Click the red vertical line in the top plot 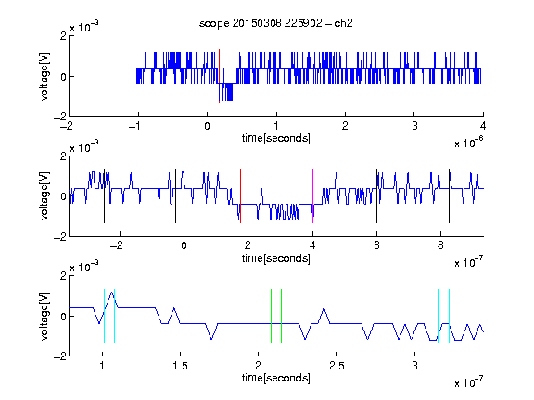point(219,76)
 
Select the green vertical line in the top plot point(222,76)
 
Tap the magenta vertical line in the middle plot point(313,196)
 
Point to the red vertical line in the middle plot point(240,196)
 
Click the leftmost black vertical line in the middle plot point(104,196)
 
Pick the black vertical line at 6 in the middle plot point(376,196)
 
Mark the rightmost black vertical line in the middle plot point(449,196)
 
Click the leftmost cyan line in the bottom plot point(104,316)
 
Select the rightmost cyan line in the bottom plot point(450,316)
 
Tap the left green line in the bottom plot point(271,316)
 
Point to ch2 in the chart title point(343,23)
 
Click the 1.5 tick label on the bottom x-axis point(180,366)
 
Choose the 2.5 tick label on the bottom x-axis point(337,366)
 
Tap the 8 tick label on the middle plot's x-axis point(440,245)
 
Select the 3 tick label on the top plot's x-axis point(414,126)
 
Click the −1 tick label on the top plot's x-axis point(134,126)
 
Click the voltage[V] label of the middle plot point(44,196)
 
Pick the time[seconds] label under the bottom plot point(276,378)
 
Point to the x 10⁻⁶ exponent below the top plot point(469,143)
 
